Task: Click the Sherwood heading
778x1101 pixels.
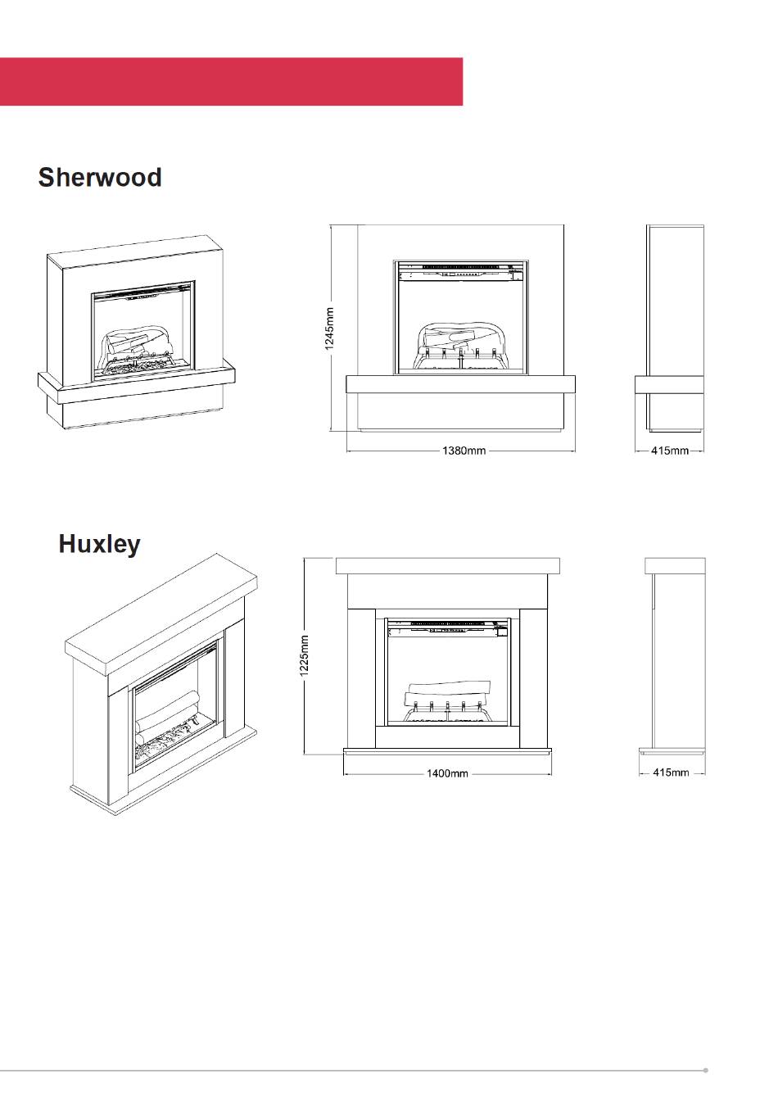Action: pyautogui.click(x=100, y=177)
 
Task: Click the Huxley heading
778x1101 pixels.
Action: pyautogui.click(x=99, y=544)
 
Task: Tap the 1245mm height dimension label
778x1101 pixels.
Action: pyautogui.click(x=329, y=328)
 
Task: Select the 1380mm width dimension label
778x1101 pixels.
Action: pyautogui.click(x=464, y=451)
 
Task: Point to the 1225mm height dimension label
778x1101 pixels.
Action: pyautogui.click(x=304, y=656)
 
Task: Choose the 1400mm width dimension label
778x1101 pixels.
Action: pyautogui.click(x=447, y=773)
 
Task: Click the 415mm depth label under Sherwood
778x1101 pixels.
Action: pyautogui.click(x=670, y=451)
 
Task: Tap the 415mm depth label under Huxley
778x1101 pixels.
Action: pyautogui.click(x=671, y=773)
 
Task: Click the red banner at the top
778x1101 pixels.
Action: pyautogui.click(x=231, y=81)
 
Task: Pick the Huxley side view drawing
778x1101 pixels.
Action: pyautogui.click(x=673, y=655)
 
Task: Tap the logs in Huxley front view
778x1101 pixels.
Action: pyautogui.click(x=447, y=696)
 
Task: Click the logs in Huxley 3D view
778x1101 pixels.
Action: pyautogui.click(x=168, y=717)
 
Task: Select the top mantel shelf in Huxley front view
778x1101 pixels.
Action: pyautogui.click(x=448, y=566)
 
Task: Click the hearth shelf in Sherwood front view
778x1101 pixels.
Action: pyautogui.click(x=460, y=384)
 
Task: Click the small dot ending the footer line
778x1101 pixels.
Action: pyautogui.click(x=705, y=1070)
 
